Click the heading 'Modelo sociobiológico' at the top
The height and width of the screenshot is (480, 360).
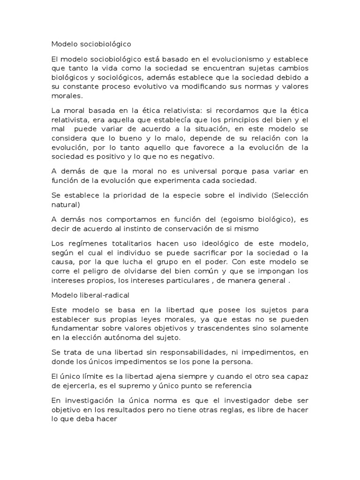click(x=91, y=45)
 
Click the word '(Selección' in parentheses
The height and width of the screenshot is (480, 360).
click(x=289, y=195)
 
